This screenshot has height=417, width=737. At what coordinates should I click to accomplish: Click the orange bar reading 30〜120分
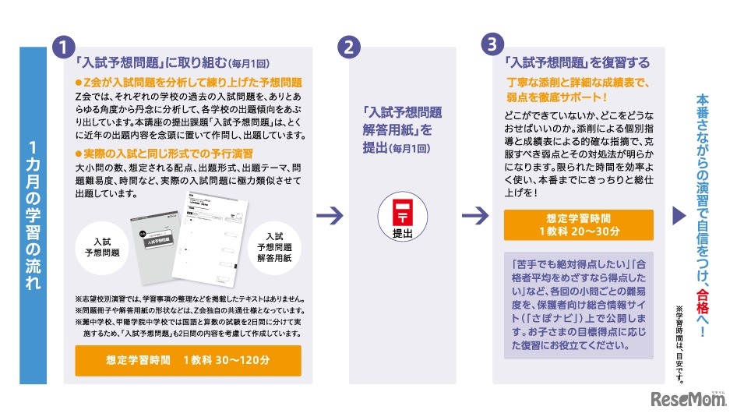click(x=188, y=360)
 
